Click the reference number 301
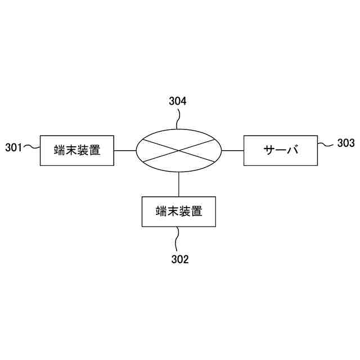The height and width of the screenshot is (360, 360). pos(13,148)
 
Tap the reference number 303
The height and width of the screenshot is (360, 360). pos(346,143)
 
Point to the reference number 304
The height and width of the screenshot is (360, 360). pos(178,102)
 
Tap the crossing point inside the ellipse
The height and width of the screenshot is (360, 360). pos(179,150)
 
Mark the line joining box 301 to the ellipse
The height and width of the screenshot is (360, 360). pos(125,150)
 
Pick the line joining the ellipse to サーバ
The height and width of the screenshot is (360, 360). pos(232,150)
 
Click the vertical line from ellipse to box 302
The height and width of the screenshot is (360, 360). pos(179,184)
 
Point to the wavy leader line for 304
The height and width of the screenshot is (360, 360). pos(178,119)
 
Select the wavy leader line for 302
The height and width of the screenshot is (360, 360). pos(178,239)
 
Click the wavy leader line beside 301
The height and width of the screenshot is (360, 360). pos(31,148)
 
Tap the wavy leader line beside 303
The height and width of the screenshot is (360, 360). pos(326,145)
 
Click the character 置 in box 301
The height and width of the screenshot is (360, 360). pos(94,150)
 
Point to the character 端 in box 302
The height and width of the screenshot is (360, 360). pos(161,211)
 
